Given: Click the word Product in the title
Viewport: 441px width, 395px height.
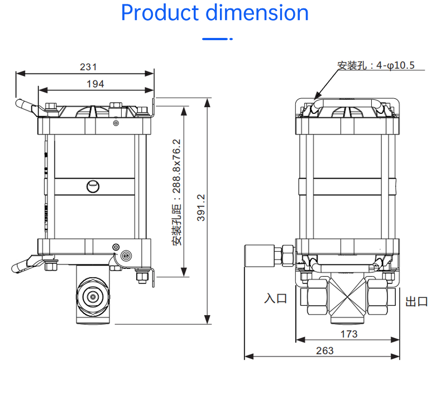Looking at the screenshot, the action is coord(160,13).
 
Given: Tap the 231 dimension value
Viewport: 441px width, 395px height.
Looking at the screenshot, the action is coord(88,67).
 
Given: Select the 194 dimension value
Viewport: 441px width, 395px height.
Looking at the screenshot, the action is coord(95,84).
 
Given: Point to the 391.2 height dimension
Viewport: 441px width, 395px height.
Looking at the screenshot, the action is coord(201,208).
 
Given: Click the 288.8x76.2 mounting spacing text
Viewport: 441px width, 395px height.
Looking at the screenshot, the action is coord(176,166).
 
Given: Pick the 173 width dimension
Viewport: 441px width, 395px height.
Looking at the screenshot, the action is coord(349,334).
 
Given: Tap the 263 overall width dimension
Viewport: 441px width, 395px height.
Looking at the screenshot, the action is coord(324,350).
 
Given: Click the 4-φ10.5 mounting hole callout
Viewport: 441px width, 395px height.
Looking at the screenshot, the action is coord(395,65).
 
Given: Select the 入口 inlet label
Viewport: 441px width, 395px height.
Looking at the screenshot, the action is coord(276,298).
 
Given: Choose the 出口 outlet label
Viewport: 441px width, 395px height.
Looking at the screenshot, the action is coord(416,302).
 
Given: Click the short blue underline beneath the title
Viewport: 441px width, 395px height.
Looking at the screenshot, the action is coord(217,39).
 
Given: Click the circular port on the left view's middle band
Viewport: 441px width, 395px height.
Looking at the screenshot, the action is coord(93,186).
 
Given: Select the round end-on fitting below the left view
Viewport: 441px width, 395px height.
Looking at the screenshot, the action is coord(93,297).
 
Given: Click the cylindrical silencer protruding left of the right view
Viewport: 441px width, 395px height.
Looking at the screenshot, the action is coord(260,256).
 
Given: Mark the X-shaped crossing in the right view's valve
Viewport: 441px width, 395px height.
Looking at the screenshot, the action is coord(348,297).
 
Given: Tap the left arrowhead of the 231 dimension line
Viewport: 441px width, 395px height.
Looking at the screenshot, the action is coord(20,74).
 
